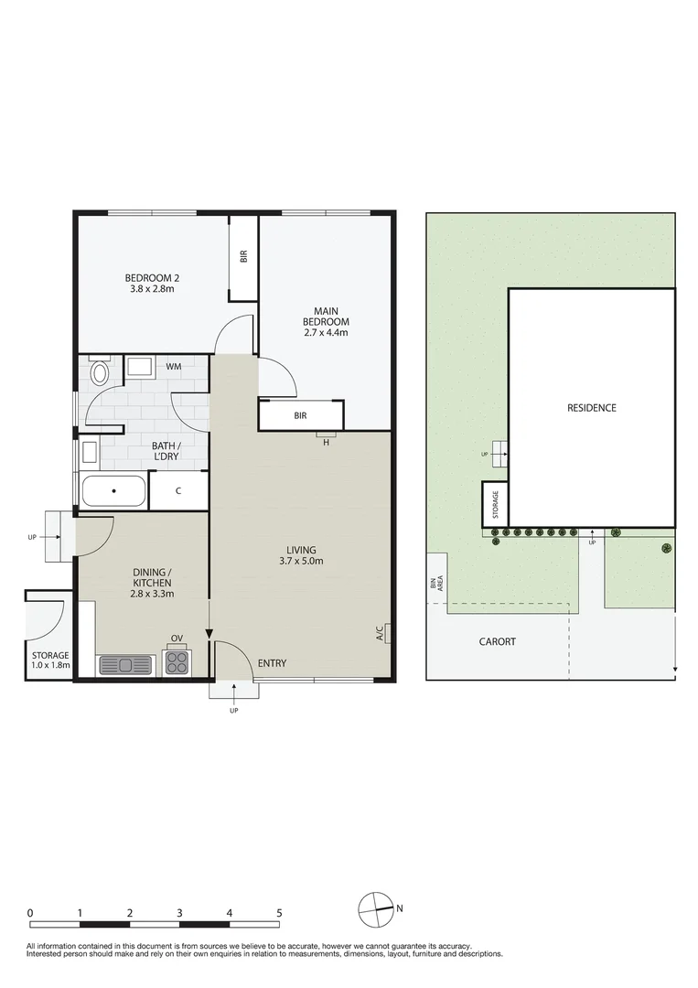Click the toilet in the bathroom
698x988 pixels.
100,373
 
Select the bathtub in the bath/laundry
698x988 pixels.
113,491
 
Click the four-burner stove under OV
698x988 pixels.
176,661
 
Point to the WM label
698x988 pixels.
173,368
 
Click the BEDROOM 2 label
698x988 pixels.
151,278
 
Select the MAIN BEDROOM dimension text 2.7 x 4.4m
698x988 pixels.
327,333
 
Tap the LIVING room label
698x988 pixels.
300,550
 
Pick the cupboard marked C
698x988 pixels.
178,491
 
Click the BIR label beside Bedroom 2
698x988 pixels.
243,258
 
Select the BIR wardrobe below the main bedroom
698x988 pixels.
300,415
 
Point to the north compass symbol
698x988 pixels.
373,908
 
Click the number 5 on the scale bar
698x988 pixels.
279,913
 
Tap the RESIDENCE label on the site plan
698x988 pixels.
591,408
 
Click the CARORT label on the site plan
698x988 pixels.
498,642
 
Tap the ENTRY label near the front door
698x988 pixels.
272,663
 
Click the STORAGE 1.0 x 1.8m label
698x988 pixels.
50,660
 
